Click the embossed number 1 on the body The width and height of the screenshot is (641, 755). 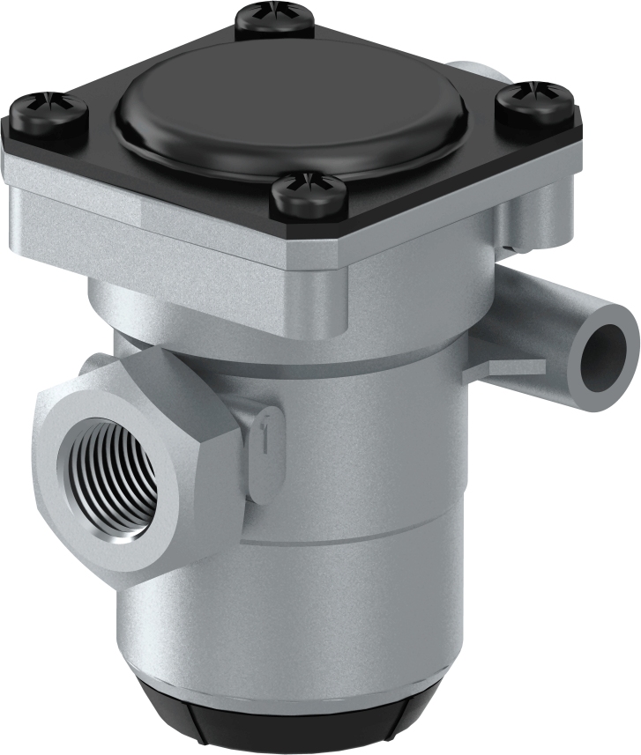click(x=262, y=438)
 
